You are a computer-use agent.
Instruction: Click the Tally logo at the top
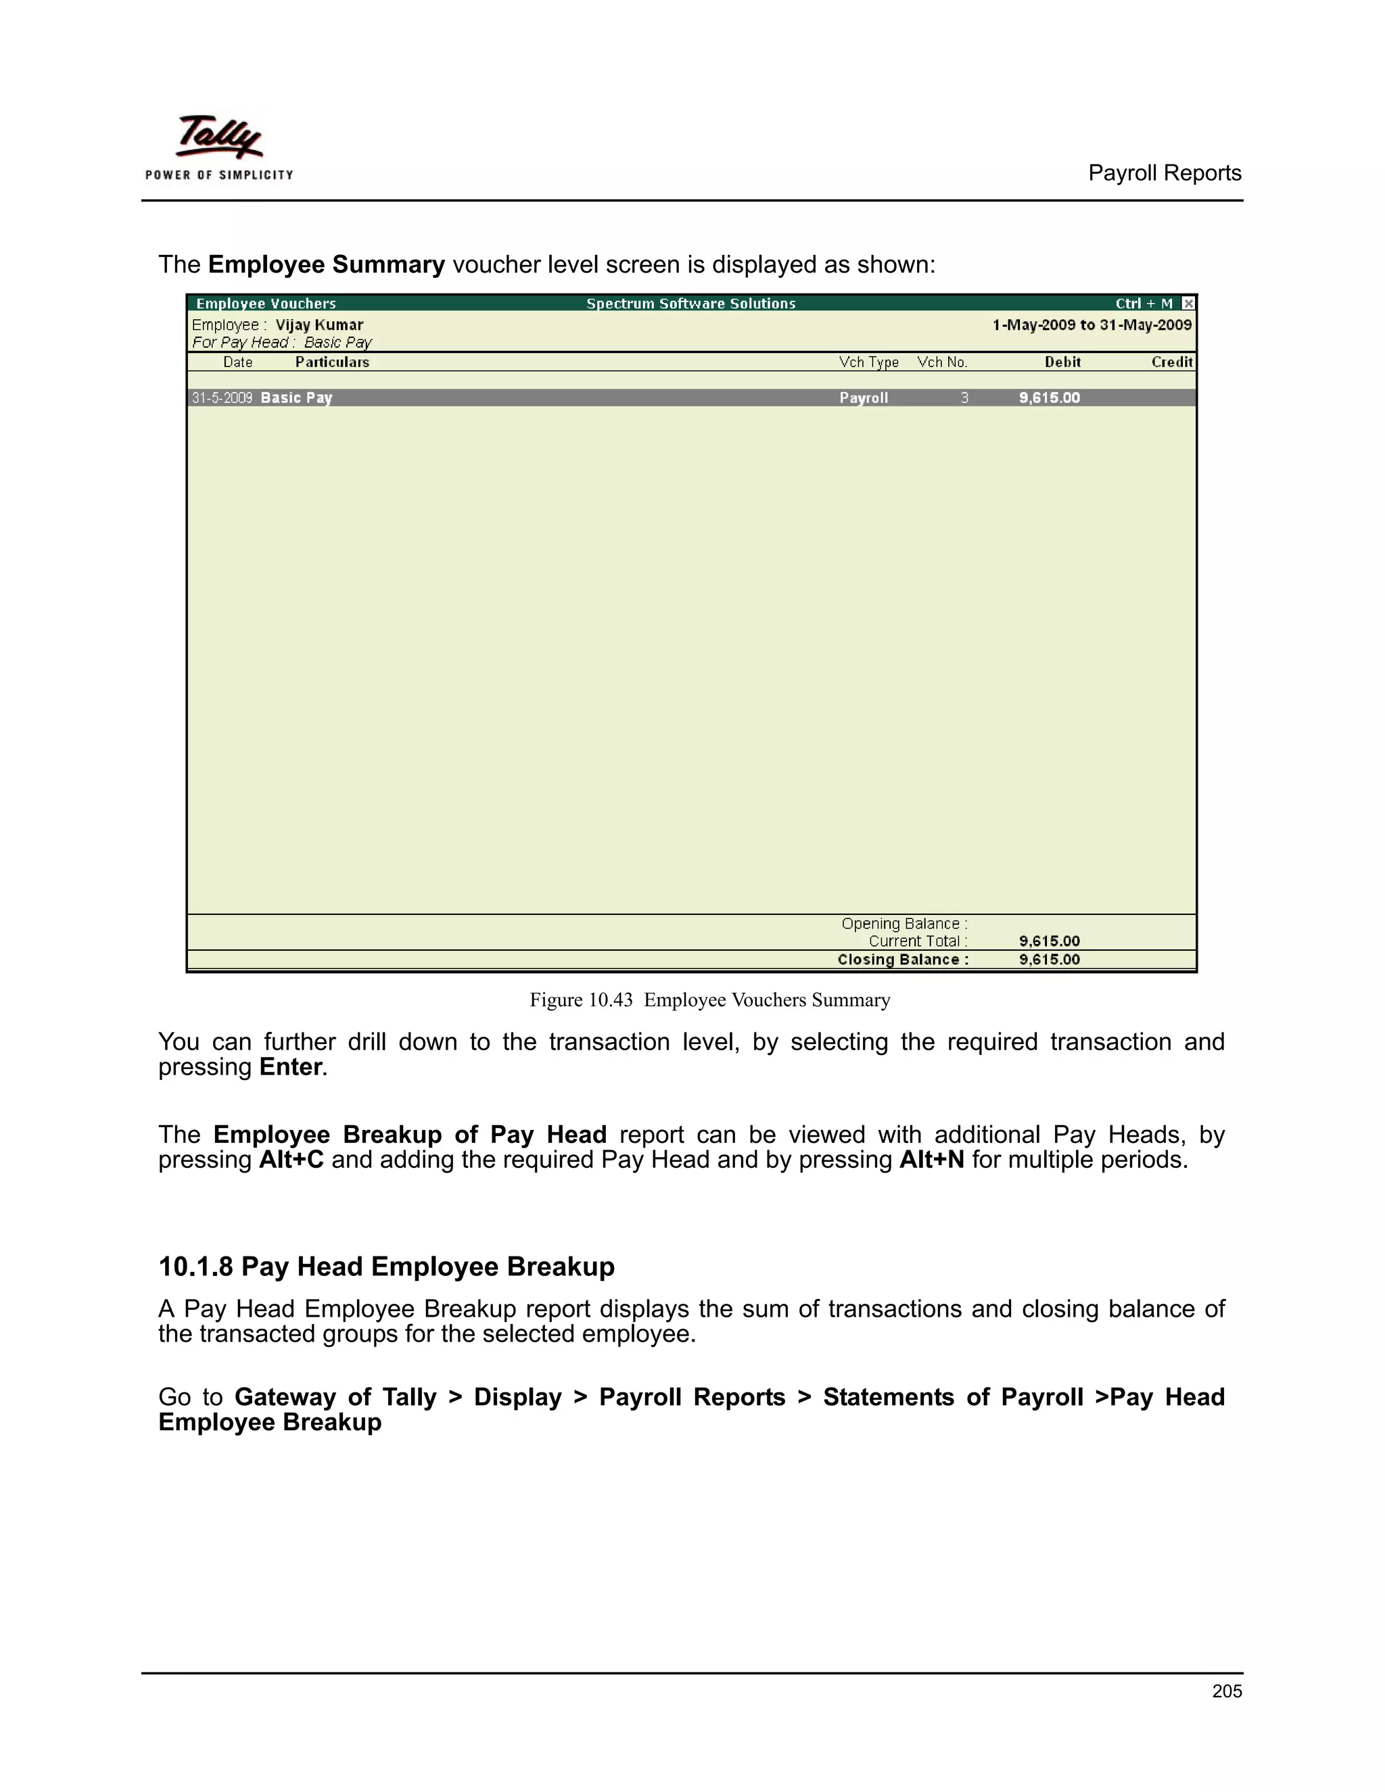pos(219,146)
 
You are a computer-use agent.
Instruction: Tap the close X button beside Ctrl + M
pos(1188,304)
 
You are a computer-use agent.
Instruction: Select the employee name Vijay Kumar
pos(319,325)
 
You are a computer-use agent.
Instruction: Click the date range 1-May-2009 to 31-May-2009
pos(1091,325)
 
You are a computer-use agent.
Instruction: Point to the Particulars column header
pos(332,362)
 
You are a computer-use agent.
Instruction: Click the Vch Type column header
pos(868,362)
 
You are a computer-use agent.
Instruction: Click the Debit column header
pos(1062,362)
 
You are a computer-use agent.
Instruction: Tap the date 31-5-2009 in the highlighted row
pos(222,398)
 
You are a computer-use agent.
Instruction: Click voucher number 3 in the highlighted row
pos(964,398)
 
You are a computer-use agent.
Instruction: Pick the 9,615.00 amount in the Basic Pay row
pos(1049,398)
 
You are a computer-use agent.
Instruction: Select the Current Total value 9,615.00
pos(1049,941)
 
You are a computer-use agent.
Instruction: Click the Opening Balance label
pos(904,924)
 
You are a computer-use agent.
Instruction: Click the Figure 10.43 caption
pos(709,999)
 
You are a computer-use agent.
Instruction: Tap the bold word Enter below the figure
pos(290,1066)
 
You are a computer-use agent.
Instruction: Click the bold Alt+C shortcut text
pos(291,1159)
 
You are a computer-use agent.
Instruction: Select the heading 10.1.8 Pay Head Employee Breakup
pos(385,1266)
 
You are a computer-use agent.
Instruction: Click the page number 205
pos(1226,1691)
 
